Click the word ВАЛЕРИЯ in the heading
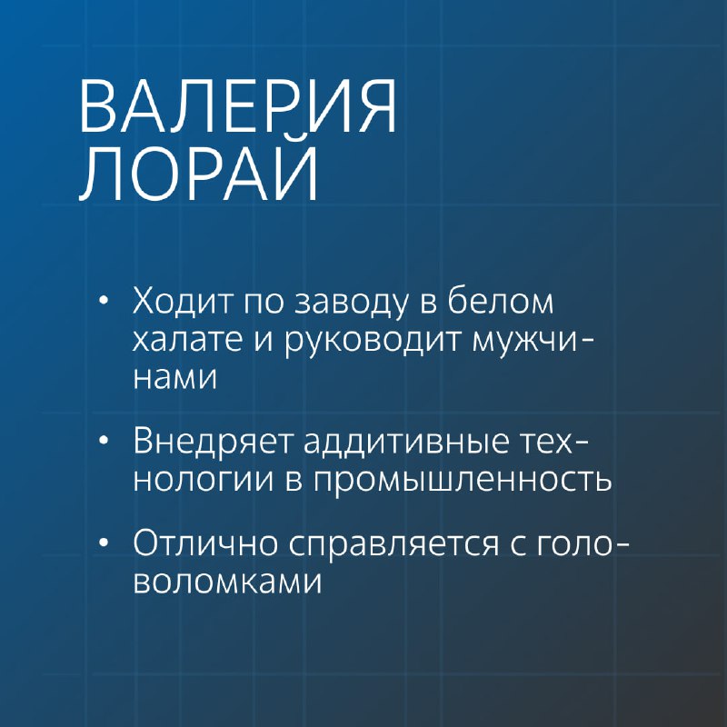click(238, 106)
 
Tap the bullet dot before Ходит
click(104, 300)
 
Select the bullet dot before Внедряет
click(104, 440)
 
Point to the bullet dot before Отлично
click(104, 542)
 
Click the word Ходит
click(184, 300)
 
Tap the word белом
click(501, 299)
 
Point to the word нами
click(174, 378)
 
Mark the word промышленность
click(463, 480)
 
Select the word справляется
click(394, 544)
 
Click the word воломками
click(227, 582)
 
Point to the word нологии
click(204, 480)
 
